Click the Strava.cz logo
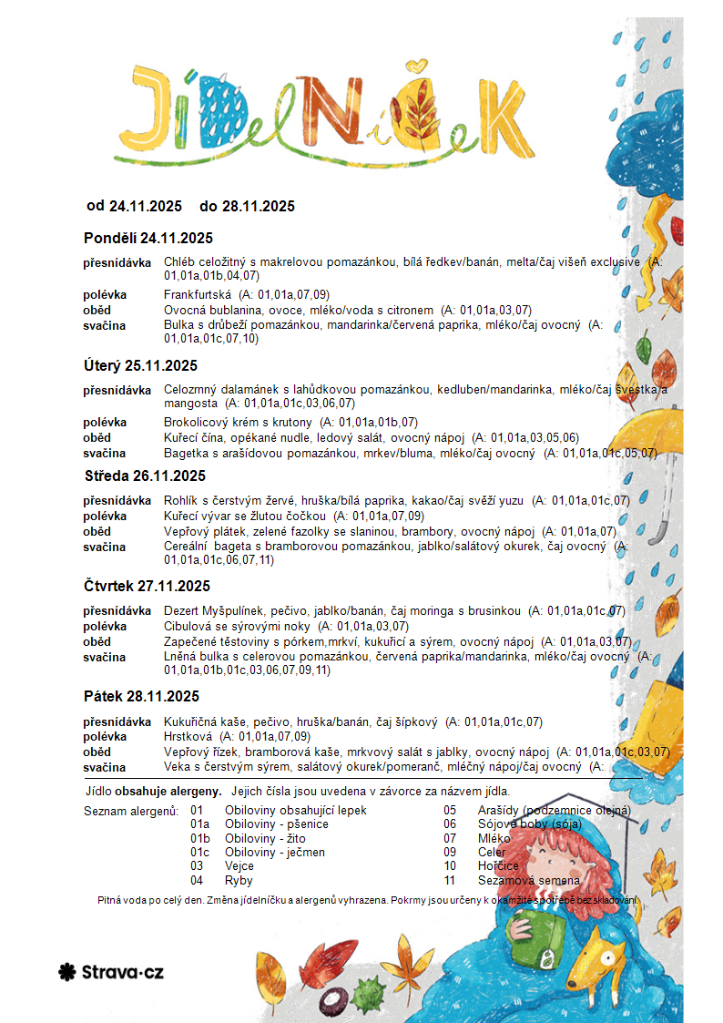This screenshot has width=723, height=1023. pyautogui.click(x=110, y=972)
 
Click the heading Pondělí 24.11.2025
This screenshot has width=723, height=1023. pyautogui.click(x=148, y=239)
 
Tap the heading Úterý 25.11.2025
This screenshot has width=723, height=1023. pyautogui.click(x=140, y=366)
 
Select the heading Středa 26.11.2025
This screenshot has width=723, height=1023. pyautogui.click(x=144, y=476)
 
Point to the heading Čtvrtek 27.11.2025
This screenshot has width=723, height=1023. pyautogui.click(x=147, y=586)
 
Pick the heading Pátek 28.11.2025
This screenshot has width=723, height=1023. pyautogui.click(x=141, y=697)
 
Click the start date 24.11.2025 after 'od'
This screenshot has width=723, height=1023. pyautogui.click(x=146, y=206)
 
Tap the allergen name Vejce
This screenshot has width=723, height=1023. pyautogui.click(x=239, y=866)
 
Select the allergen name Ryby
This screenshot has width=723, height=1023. pyautogui.click(x=239, y=881)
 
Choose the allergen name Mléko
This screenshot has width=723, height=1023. pyautogui.click(x=493, y=838)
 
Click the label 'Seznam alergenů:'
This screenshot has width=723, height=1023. pyautogui.click(x=131, y=811)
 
